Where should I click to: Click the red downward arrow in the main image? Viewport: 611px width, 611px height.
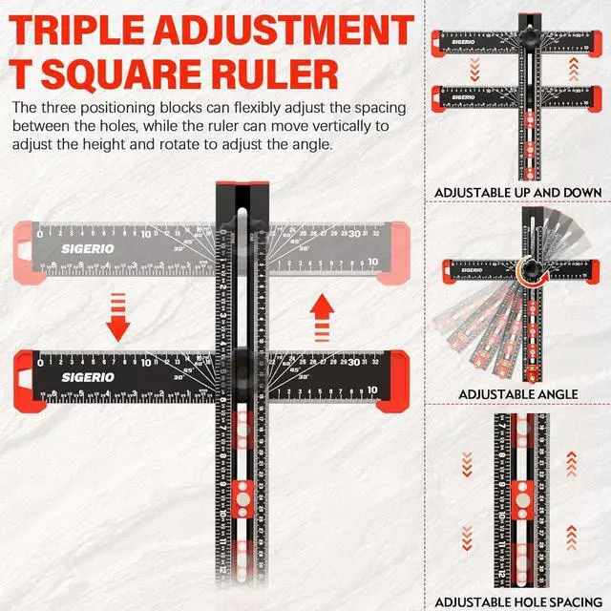117,317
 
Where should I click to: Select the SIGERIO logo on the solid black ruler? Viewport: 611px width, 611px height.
62,378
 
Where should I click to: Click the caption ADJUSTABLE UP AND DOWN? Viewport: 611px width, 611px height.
518,193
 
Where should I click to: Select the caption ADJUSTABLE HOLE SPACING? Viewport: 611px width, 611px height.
518,601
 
